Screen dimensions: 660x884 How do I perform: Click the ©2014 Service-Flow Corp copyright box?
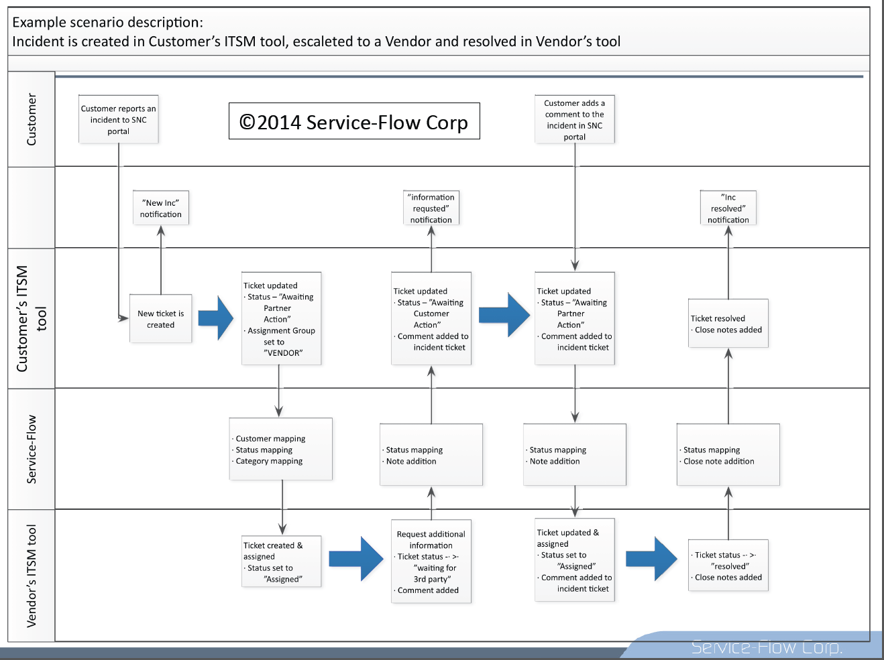(x=354, y=121)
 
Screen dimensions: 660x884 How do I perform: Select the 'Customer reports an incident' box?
(x=119, y=119)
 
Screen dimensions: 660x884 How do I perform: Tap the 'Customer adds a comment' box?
(x=575, y=119)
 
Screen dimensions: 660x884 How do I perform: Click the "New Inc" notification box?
(x=161, y=208)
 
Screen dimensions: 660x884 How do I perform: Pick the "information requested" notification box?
(x=431, y=208)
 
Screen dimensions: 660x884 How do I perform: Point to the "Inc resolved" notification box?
(x=728, y=208)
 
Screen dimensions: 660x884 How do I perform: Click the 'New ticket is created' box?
(x=161, y=319)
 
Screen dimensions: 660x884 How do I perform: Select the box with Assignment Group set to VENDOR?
(x=282, y=319)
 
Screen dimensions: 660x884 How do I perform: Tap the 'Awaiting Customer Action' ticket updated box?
(x=431, y=319)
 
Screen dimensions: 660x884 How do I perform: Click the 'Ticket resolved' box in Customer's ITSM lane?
(x=728, y=324)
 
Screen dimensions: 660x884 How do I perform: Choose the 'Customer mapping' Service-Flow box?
(x=281, y=450)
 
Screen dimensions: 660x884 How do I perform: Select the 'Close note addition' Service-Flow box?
(x=728, y=455)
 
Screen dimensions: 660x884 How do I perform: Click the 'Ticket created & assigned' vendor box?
(x=282, y=562)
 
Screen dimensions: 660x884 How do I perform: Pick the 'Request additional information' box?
(x=431, y=562)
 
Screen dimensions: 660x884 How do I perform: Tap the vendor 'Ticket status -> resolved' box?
(x=728, y=566)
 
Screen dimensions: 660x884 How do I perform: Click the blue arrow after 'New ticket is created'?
(x=216, y=318)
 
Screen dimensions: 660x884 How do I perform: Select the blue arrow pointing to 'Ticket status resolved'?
(x=651, y=558)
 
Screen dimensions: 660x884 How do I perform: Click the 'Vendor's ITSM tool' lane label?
(x=32, y=576)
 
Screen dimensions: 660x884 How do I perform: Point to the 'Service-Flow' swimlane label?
(x=32, y=449)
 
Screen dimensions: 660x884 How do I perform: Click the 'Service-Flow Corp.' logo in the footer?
(x=767, y=647)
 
